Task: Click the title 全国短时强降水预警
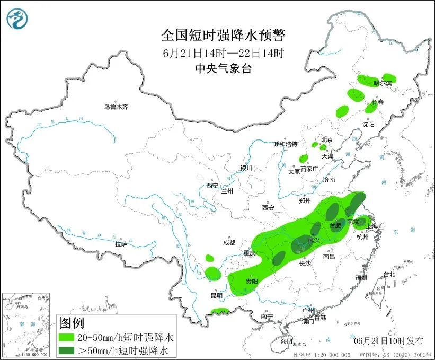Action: coord(223,36)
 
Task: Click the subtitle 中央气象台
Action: coord(223,68)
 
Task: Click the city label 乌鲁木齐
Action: coord(116,107)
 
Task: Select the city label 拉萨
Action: coord(121,244)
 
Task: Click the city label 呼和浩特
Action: coord(285,144)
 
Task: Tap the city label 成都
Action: coord(229,243)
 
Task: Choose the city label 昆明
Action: coord(217,295)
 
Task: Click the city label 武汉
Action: coord(314,240)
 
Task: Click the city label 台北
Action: coord(389,274)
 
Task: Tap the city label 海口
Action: coord(287,340)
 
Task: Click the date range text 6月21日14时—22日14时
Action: coord(223,52)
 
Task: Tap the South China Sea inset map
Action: coord(26,323)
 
